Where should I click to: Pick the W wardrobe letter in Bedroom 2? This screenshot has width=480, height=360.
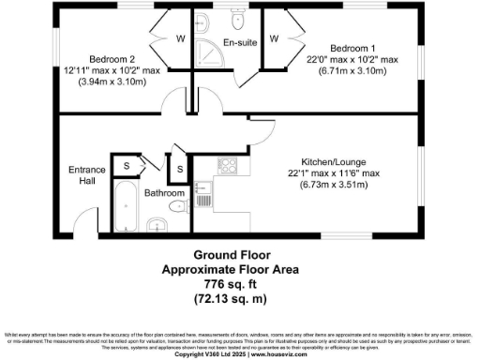pyautogui.click(x=181, y=39)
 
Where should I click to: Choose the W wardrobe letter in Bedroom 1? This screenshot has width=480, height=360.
pyautogui.click(x=274, y=39)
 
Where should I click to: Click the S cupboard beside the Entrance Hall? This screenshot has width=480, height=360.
pyautogui.click(x=127, y=166)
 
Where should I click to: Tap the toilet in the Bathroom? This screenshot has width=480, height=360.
pyautogui.click(x=158, y=222)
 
